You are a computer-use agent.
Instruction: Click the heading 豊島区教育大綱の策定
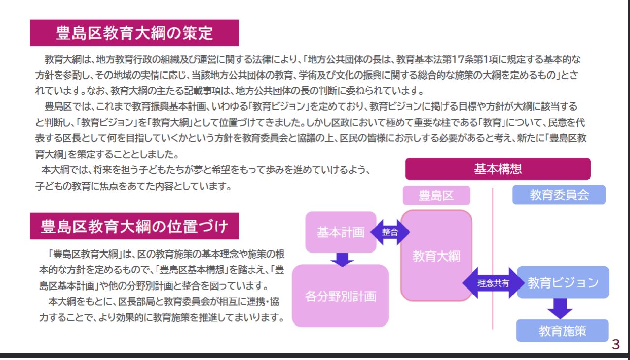coord(134,33)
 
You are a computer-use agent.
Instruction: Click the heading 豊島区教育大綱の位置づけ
coord(134,226)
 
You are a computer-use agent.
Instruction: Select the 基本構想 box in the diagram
coord(498,169)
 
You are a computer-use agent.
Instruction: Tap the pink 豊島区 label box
coord(436,196)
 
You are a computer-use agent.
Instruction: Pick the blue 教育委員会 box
coord(559,195)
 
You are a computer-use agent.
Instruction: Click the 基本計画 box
coord(341,232)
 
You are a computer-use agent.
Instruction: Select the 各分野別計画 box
coord(341,296)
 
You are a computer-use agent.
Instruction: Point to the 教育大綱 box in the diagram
coord(436,256)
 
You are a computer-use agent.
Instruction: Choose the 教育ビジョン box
coord(563,283)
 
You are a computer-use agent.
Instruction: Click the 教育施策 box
coord(563,331)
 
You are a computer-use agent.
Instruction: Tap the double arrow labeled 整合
coord(390,232)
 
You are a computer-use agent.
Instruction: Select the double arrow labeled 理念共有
coord(493,283)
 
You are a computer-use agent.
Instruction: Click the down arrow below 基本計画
coord(342,260)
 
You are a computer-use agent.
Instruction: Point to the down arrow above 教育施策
coord(560,308)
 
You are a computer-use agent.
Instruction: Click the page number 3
coord(616,345)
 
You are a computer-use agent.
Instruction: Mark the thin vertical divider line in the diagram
coord(493,259)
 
